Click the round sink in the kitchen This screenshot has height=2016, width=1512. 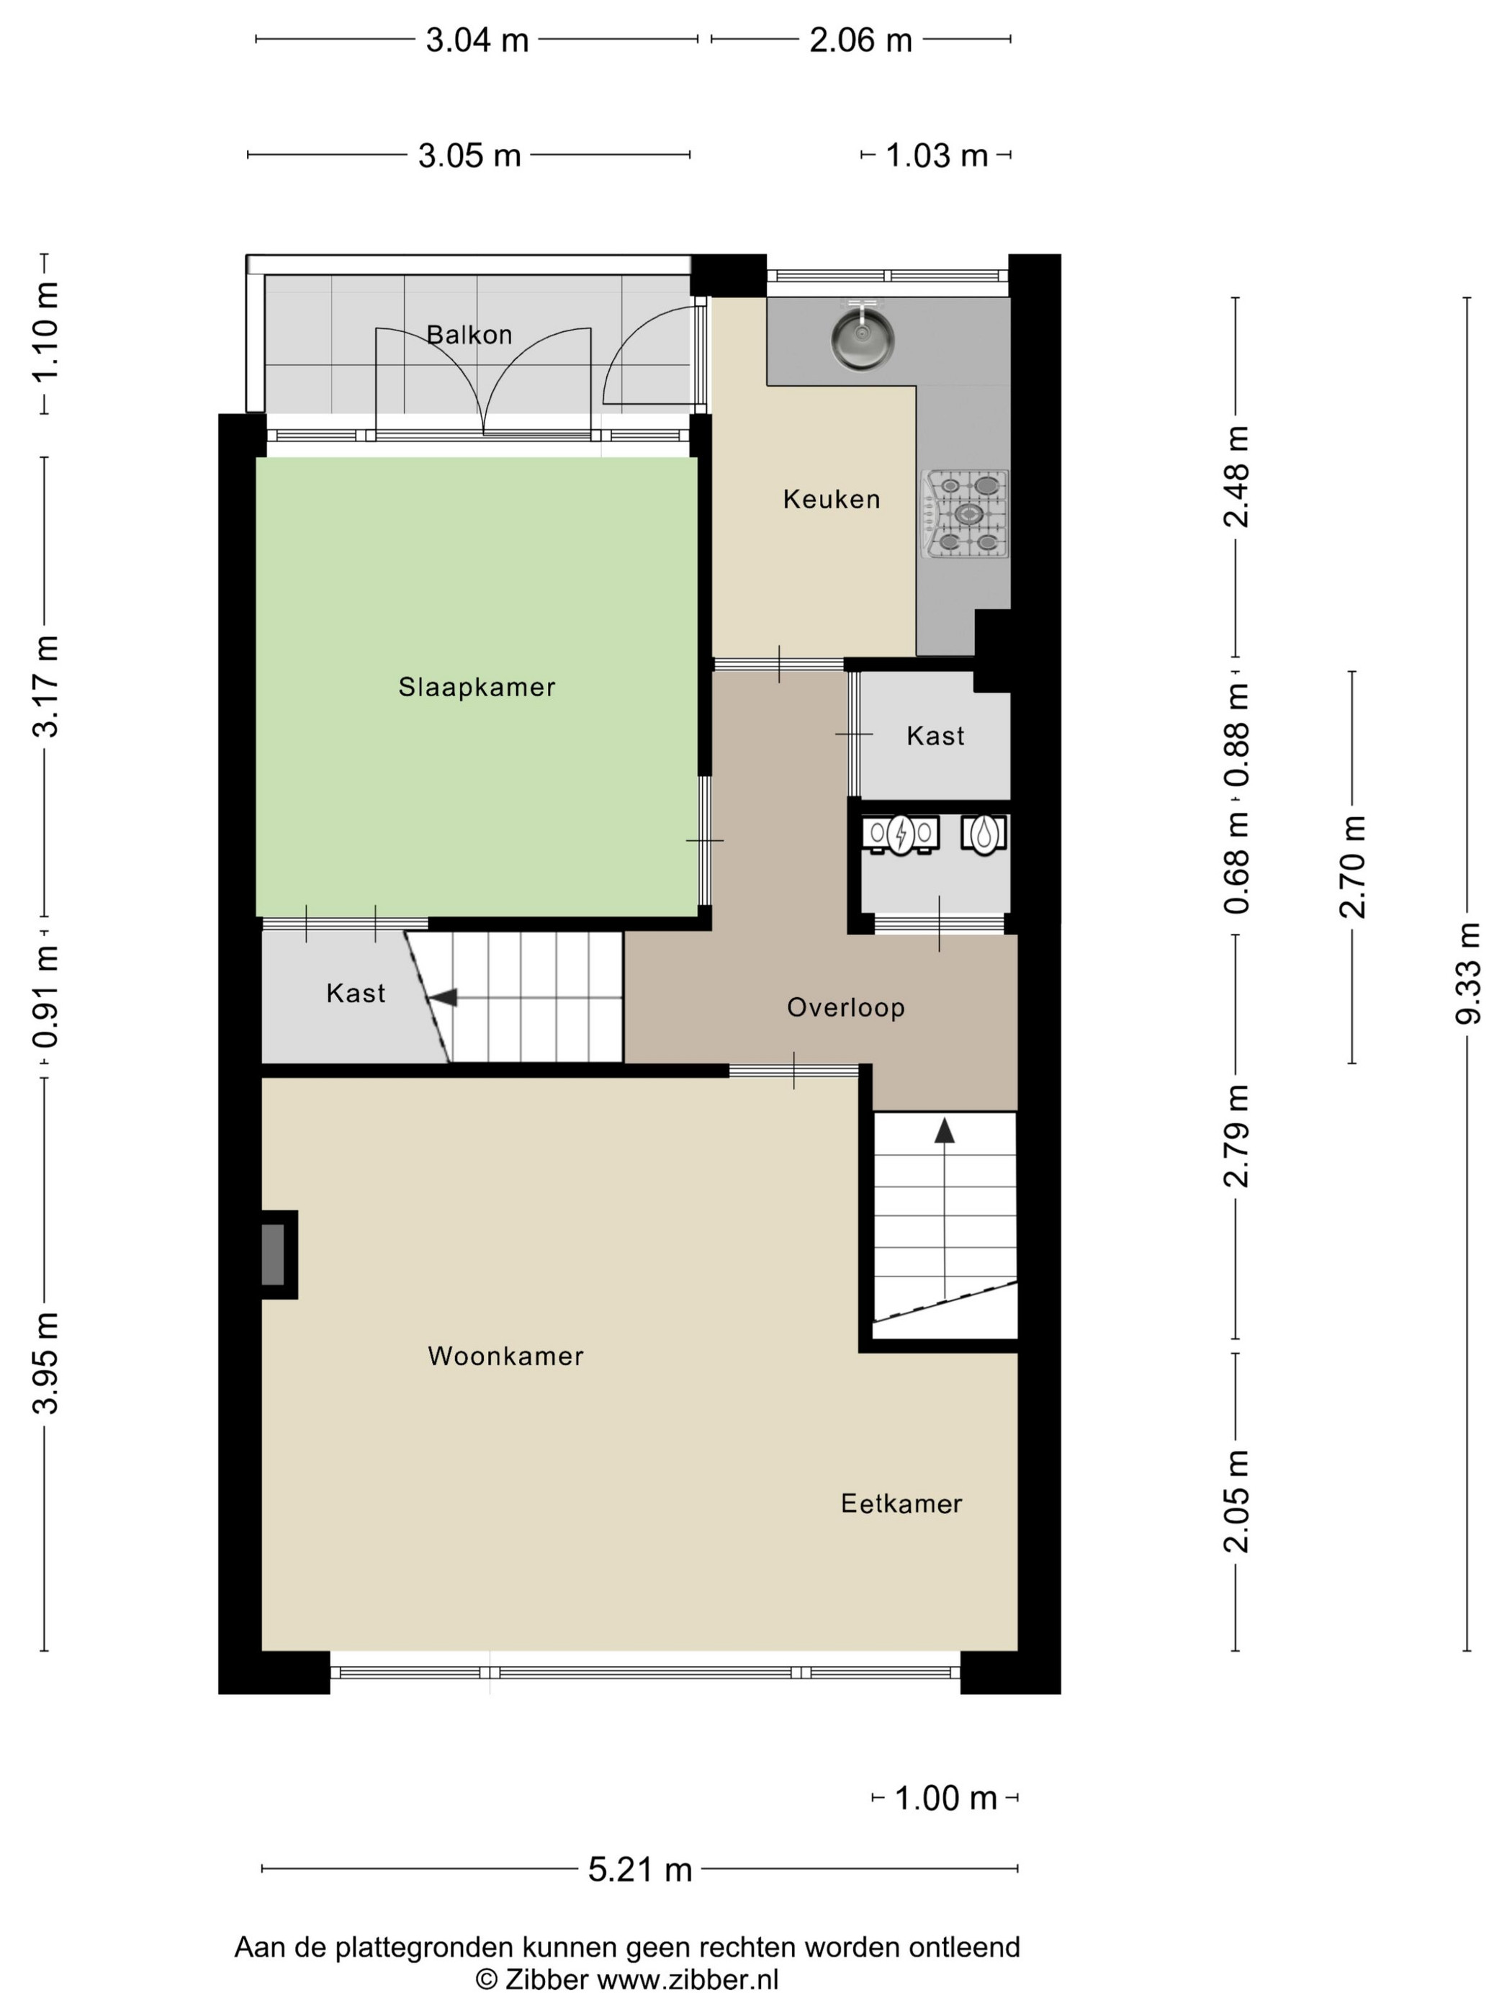(x=861, y=336)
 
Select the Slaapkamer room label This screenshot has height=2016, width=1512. (x=477, y=687)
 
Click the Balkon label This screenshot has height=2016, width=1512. (x=469, y=335)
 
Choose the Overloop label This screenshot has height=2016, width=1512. (x=846, y=1007)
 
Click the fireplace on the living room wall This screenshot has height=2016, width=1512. (x=277, y=1254)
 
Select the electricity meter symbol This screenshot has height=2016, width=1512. (x=901, y=834)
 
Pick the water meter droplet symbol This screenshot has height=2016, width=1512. (x=984, y=834)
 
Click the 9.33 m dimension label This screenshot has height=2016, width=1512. (x=1467, y=973)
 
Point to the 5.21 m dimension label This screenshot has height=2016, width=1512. (x=640, y=1868)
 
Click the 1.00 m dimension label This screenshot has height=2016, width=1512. (x=945, y=1797)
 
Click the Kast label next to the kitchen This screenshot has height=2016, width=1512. (x=935, y=736)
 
